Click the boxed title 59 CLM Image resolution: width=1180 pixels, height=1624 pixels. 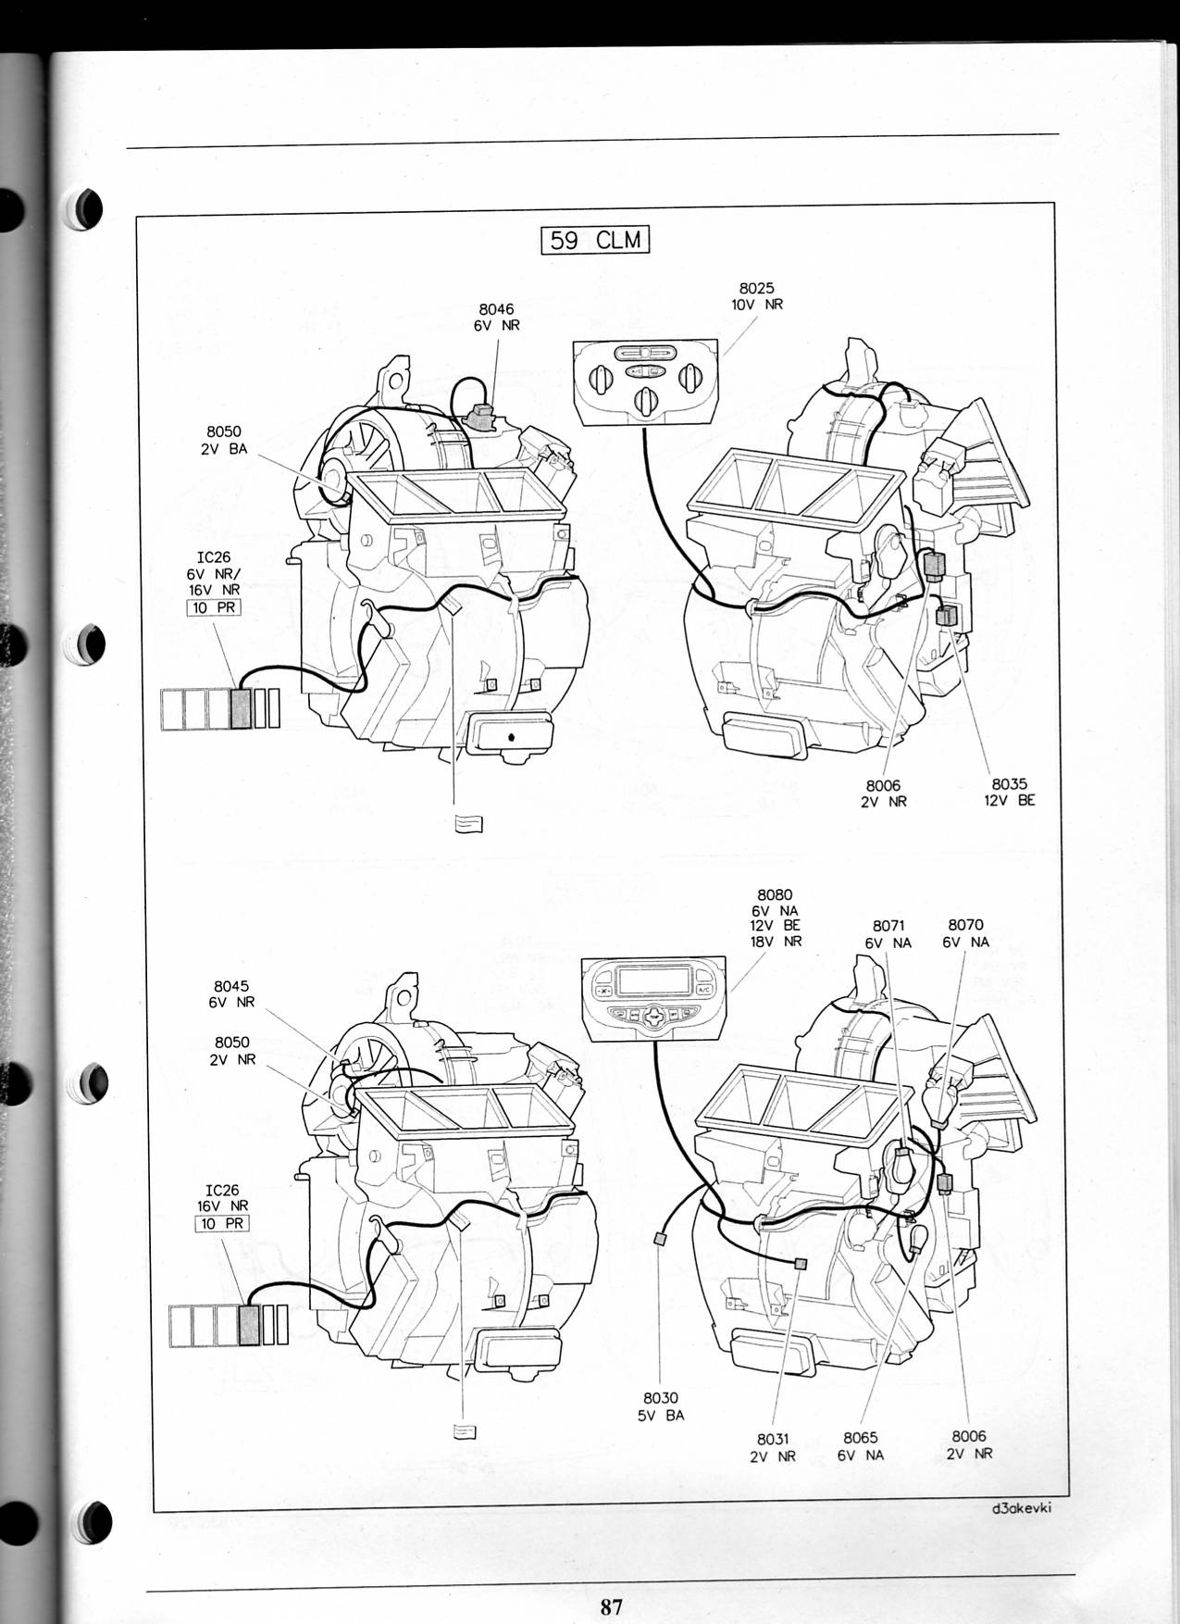coord(595,240)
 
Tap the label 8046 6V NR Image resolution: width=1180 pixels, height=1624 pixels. coord(497,318)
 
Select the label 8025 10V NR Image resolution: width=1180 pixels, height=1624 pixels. coord(756,296)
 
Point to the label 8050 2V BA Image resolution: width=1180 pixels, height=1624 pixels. coord(223,439)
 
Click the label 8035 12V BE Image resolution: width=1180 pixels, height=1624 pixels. coord(1010,793)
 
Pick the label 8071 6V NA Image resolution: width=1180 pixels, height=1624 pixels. coord(888,934)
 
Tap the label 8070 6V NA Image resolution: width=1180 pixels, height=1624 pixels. coord(966,933)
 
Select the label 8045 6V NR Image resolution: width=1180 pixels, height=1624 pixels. coord(231,994)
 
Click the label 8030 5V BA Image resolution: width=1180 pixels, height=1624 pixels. coord(661,1406)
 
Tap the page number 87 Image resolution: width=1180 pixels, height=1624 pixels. coord(611,1606)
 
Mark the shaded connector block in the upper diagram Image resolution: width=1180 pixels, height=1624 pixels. coord(241,707)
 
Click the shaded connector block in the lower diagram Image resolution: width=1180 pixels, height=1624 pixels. coord(249,1324)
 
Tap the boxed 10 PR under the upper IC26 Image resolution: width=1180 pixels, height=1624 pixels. coord(214,608)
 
